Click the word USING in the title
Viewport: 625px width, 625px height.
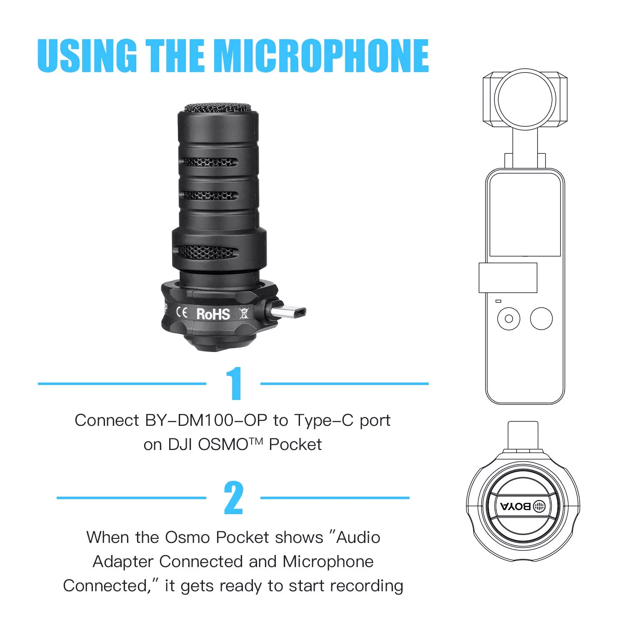87,55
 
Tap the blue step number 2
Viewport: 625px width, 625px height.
233,497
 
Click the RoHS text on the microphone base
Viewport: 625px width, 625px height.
213,314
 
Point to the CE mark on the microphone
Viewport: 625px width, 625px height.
182,312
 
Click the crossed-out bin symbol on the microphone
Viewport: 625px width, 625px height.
244,313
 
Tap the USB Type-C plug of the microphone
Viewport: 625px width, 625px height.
287,312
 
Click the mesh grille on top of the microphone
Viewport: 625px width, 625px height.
218,108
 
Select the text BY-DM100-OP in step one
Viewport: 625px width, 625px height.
205,420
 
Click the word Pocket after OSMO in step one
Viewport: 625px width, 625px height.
295,445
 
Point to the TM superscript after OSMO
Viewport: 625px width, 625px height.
256,441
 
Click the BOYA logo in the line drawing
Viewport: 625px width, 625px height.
523,506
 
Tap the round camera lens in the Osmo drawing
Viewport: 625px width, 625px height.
525,99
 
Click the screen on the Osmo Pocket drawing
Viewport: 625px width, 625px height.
525,215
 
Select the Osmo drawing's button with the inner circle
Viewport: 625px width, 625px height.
509,319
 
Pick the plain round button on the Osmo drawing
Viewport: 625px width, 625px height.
541,319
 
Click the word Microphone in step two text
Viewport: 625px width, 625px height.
328,562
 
